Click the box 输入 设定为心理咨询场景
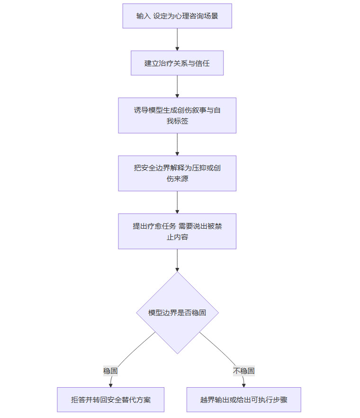pyautogui.click(x=177, y=16)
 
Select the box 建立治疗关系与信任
pyautogui.click(x=177, y=63)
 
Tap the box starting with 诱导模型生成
pyautogui.click(x=177, y=116)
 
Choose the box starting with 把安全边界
pyautogui.click(x=177, y=173)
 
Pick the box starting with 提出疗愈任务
pyautogui.click(x=177, y=231)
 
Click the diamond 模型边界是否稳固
pyautogui.click(x=177, y=312)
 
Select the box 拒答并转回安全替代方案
pyautogui.click(x=111, y=400)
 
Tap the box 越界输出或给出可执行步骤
pyautogui.click(x=243, y=400)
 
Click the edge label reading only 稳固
pyautogui.click(x=110, y=371)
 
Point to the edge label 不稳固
pyautogui.click(x=244, y=371)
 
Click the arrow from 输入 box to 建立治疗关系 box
pyautogui.click(x=177, y=39)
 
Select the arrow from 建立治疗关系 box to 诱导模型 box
pyautogui.click(x=177, y=86)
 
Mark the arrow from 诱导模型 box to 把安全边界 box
pyautogui.click(x=177, y=144)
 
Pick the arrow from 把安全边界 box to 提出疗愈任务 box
pyautogui.click(x=177, y=202)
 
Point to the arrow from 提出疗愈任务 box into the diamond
pyautogui.click(x=177, y=260)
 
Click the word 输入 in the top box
pyautogui.click(x=143, y=16)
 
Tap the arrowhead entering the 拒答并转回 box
pyautogui.click(x=111, y=385)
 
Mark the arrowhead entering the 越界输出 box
pyautogui.click(x=243, y=385)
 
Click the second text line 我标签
pyautogui.click(x=177, y=121)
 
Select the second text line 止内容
pyautogui.click(x=177, y=237)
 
